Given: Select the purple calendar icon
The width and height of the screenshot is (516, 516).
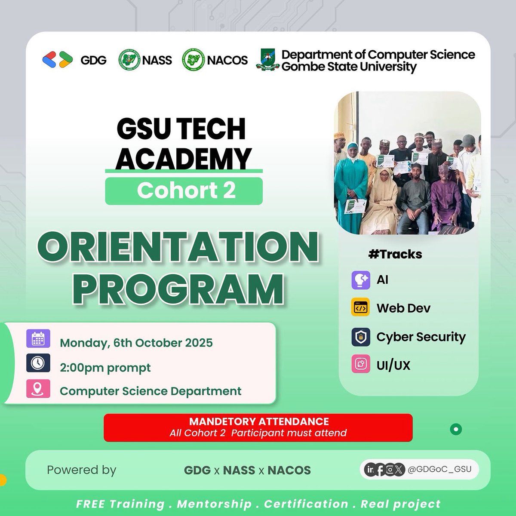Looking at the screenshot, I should pos(38,338).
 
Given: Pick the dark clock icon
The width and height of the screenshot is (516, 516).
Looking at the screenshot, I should pos(38,363).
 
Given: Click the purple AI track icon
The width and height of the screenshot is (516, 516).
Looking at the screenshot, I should pos(360,280).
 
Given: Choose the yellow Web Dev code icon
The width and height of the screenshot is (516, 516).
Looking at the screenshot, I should pos(360,308).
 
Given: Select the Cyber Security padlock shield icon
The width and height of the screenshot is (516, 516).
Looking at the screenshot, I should pos(360,337).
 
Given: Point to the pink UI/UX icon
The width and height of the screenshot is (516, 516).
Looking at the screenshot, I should pos(360,365).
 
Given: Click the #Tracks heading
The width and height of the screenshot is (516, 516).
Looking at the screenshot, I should pos(395,254).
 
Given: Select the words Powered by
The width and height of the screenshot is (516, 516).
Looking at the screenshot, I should pos(82,470).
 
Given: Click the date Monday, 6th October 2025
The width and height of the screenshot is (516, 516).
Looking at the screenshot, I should pos(136,343).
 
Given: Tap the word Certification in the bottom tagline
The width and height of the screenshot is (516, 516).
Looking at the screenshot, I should pos(306,504).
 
